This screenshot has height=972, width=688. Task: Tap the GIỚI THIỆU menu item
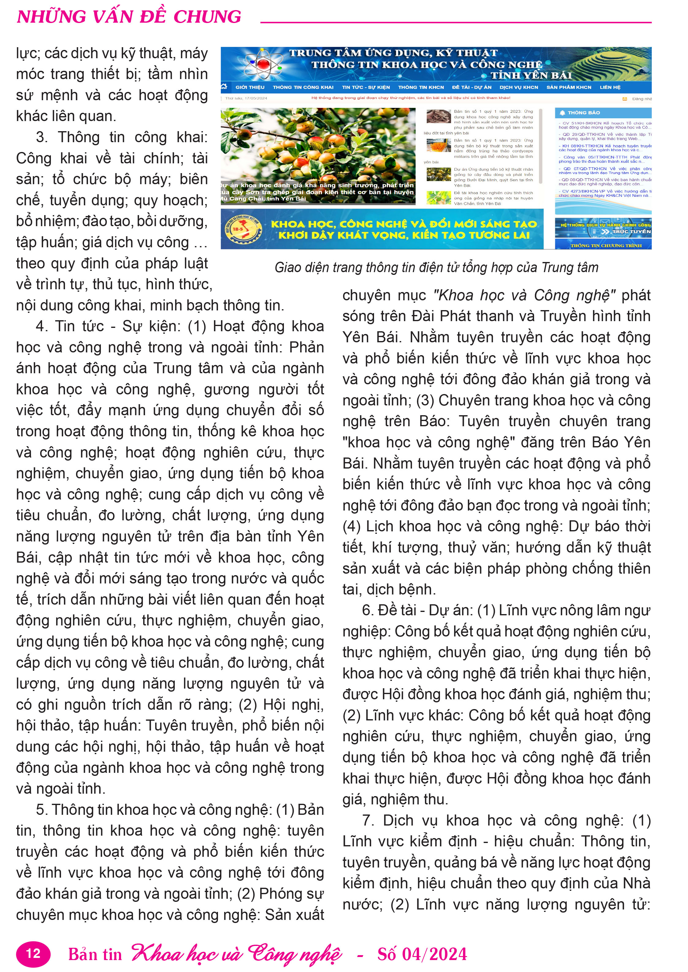click(250, 87)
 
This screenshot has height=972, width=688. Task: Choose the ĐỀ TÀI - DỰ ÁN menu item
click(472, 87)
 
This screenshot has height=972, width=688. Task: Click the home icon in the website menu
click(224, 87)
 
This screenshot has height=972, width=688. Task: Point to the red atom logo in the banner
click(263, 64)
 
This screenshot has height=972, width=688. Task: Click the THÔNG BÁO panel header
click(583, 112)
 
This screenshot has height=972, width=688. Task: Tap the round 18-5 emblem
click(243, 229)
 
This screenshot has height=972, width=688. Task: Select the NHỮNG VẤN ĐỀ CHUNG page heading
click(129, 17)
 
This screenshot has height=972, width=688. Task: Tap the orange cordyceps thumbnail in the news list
click(438, 145)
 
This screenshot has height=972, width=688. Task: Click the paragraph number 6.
click(367, 610)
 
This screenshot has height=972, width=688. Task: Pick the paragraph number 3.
click(41, 137)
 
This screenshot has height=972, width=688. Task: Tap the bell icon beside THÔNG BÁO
click(562, 112)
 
